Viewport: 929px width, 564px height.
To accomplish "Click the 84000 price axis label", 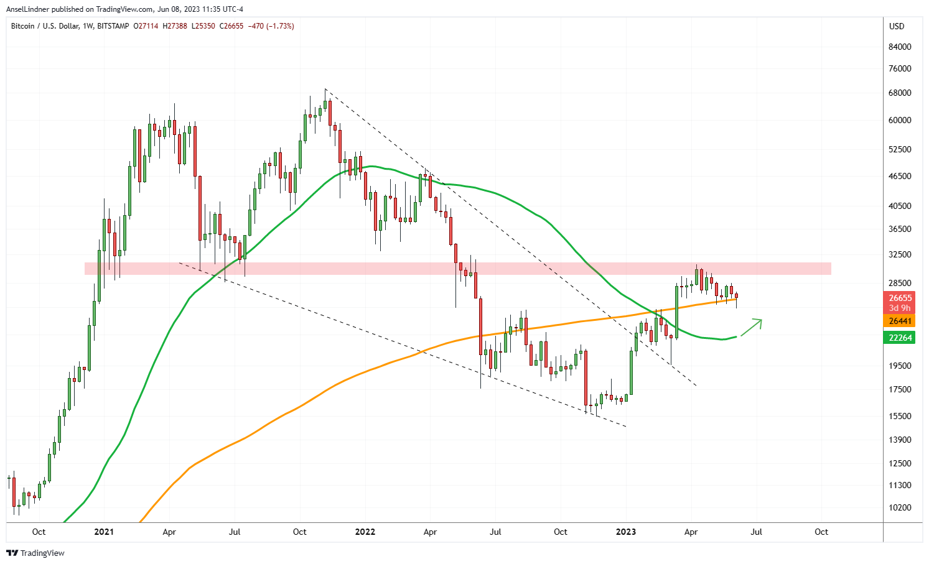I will [900, 47].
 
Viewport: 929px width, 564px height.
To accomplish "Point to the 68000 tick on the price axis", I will [900, 93].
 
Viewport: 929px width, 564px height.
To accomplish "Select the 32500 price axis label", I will [900, 254].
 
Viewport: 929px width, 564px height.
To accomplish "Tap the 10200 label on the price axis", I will [900, 507].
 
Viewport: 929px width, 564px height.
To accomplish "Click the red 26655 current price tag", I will [900, 298].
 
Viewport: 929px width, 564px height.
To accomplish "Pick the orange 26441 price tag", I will [900, 321].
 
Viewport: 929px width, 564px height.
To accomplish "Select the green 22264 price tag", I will [900, 338].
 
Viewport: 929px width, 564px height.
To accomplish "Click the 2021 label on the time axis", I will [104, 532].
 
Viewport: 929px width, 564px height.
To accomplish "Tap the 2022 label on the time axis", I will [365, 532].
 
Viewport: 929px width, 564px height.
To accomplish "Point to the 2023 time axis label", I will [625, 532].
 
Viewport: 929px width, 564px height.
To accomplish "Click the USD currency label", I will [897, 26].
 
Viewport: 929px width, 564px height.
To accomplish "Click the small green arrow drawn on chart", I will [751, 326].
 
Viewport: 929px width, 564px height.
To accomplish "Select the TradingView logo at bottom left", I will [35, 553].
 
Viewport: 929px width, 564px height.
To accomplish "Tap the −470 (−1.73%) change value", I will [271, 26].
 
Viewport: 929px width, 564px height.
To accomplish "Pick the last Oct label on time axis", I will [821, 532].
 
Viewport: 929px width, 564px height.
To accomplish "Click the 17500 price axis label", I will [900, 389].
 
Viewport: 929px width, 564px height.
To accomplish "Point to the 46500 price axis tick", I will [900, 176].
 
